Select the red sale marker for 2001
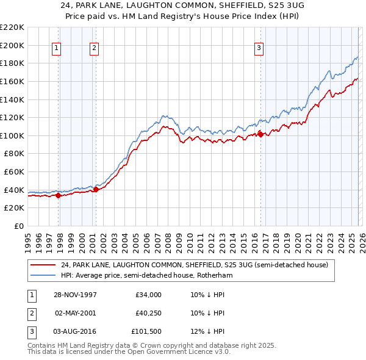click(x=96, y=190)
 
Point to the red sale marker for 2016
click(x=260, y=134)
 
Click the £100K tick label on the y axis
click(x=12, y=135)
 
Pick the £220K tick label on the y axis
click(x=12, y=27)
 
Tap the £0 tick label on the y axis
click(x=19, y=226)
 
